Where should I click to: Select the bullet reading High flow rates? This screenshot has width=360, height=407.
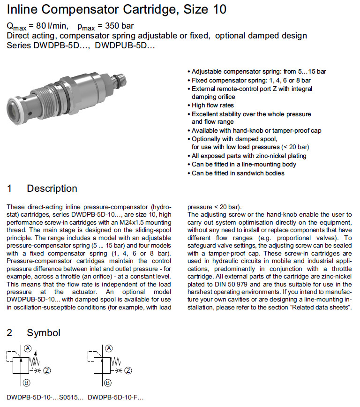(213, 106)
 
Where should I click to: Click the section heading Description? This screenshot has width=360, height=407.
(52, 188)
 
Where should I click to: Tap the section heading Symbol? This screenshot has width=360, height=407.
(44, 333)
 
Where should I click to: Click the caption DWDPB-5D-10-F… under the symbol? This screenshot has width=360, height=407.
(115, 397)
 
